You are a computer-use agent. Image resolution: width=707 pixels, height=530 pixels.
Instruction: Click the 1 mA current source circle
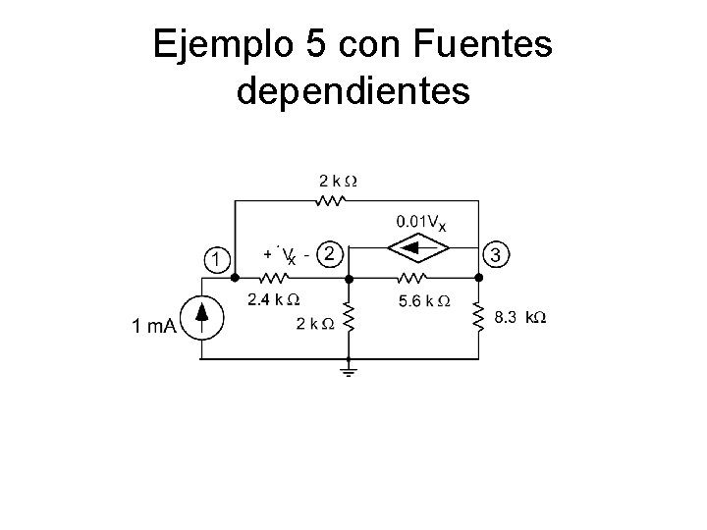(x=201, y=317)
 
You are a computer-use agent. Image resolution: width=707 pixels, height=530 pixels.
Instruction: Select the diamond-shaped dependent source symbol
(x=412, y=251)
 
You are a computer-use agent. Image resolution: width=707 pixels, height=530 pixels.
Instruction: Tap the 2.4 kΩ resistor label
(x=273, y=297)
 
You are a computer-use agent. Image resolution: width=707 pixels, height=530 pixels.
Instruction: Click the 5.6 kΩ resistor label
(x=425, y=300)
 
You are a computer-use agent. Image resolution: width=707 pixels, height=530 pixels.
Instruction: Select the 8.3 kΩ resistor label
(x=519, y=318)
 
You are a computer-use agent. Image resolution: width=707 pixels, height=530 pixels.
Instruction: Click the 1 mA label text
(x=154, y=327)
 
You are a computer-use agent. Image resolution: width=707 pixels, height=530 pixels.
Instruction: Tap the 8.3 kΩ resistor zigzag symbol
(x=480, y=316)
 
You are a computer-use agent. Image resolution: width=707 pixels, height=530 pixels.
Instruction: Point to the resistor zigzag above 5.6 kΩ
(x=412, y=278)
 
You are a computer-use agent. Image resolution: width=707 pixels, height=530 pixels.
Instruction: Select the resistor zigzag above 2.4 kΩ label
(x=277, y=278)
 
